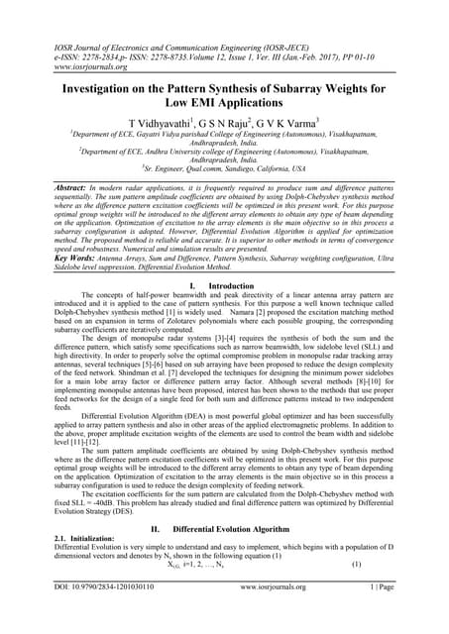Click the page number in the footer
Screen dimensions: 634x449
(x=377, y=614)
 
